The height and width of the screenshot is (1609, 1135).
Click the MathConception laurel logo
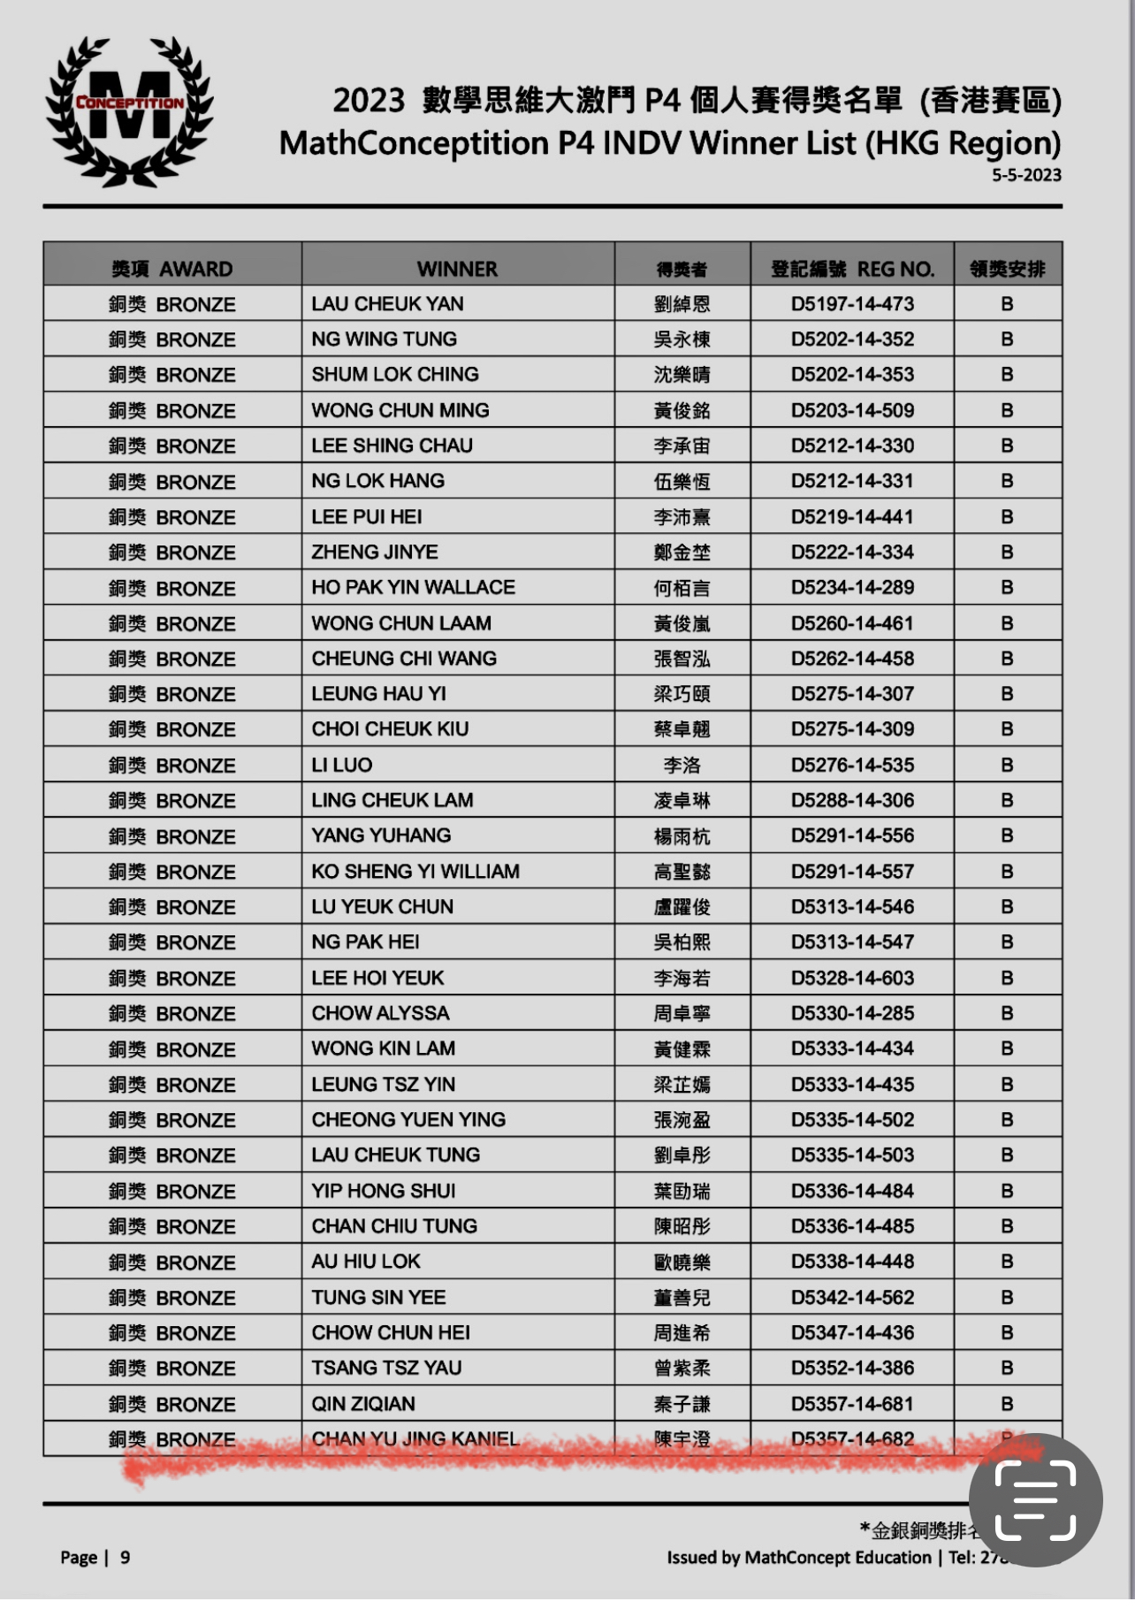pyautogui.click(x=129, y=112)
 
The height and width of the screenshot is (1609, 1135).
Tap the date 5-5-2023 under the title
pyautogui.click(x=1025, y=175)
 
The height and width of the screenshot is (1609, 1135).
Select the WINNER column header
pyautogui.click(x=457, y=269)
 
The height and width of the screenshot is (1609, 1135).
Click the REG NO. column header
pyautogui.click(x=852, y=269)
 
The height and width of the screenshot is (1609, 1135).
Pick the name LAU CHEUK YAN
pyautogui.click(x=387, y=304)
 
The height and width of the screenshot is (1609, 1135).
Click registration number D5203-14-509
pyautogui.click(x=852, y=410)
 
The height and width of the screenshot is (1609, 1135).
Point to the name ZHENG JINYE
pyautogui.click(x=375, y=553)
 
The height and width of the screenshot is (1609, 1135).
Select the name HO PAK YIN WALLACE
pyautogui.click(x=413, y=588)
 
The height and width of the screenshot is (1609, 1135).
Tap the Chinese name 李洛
pyautogui.click(x=682, y=766)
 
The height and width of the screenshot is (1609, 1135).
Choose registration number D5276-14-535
pyautogui.click(x=852, y=766)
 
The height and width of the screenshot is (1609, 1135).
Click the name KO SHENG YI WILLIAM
pyautogui.click(x=415, y=872)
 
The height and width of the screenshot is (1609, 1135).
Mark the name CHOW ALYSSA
pyautogui.click(x=380, y=1013)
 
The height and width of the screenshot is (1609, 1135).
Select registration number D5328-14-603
pyautogui.click(x=852, y=978)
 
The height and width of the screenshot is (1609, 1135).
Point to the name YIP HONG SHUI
pyautogui.click(x=384, y=1191)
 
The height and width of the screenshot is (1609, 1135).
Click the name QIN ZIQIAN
pyautogui.click(x=363, y=1404)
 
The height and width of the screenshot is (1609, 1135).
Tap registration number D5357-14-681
pyautogui.click(x=852, y=1404)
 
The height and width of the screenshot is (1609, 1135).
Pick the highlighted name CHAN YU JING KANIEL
pyautogui.click(x=415, y=1439)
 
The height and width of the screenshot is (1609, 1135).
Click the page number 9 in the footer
pyautogui.click(x=125, y=1558)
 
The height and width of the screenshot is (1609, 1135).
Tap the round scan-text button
pyautogui.click(x=1035, y=1500)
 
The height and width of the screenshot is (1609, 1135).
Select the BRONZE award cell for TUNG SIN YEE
pyautogui.click(x=172, y=1298)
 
